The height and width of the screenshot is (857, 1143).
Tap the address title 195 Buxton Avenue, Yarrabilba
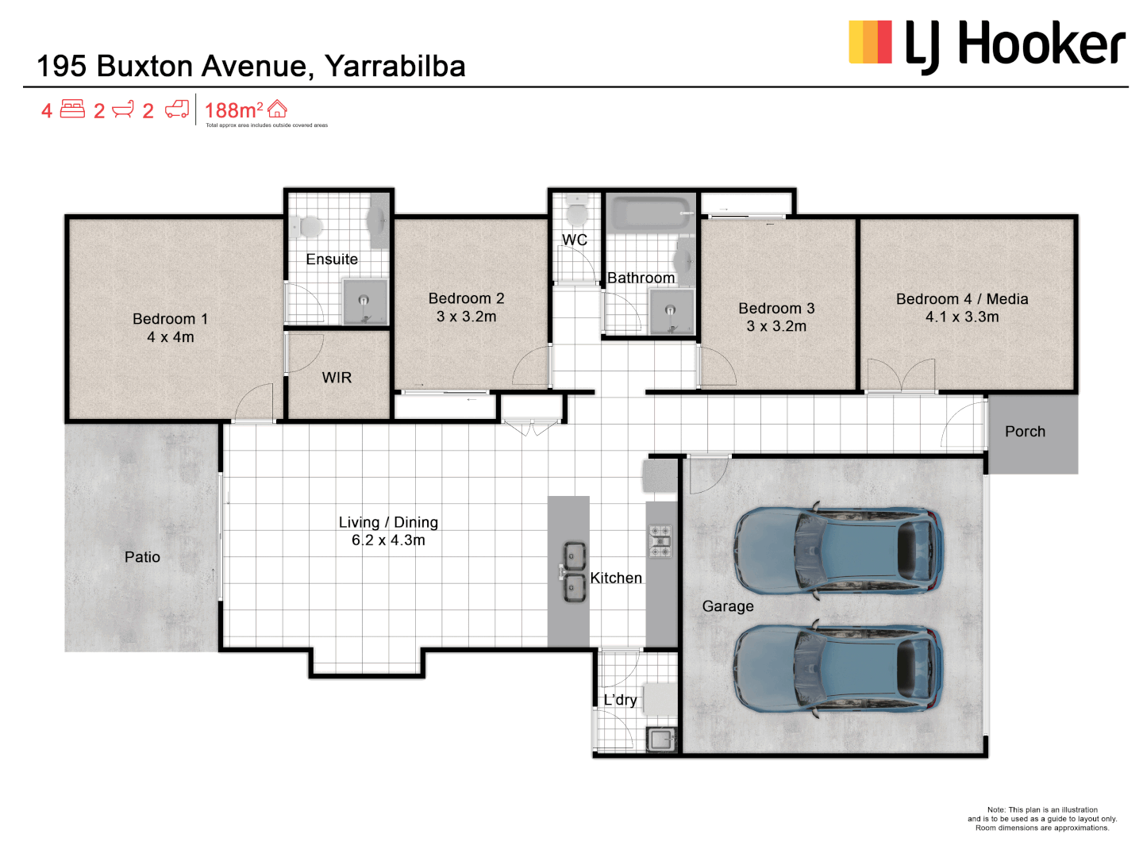pyautogui.click(x=251, y=67)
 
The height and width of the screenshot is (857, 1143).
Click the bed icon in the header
pyautogui.click(x=72, y=110)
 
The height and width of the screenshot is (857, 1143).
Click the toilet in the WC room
pyautogui.click(x=576, y=213)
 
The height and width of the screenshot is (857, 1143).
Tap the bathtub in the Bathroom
pyautogui.click(x=649, y=213)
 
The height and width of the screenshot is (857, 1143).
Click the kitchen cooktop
pyautogui.click(x=660, y=540)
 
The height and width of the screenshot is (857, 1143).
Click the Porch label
pyautogui.click(x=1025, y=432)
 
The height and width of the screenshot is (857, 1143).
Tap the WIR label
pyautogui.click(x=337, y=378)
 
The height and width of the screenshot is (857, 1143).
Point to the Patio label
pyautogui.click(x=142, y=557)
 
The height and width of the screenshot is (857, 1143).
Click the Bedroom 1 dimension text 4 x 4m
pyautogui.click(x=170, y=337)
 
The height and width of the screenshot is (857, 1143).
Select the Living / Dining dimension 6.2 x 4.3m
pyautogui.click(x=388, y=540)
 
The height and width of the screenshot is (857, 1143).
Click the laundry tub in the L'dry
pyautogui.click(x=660, y=740)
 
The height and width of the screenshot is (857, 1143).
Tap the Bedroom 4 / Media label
pyautogui.click(x=962, y=299)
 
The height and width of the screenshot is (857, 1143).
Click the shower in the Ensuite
pyautogui.click(x=364, y=301)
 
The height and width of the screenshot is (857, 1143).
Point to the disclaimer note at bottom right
pyautogui.click(x=1041, y=819)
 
